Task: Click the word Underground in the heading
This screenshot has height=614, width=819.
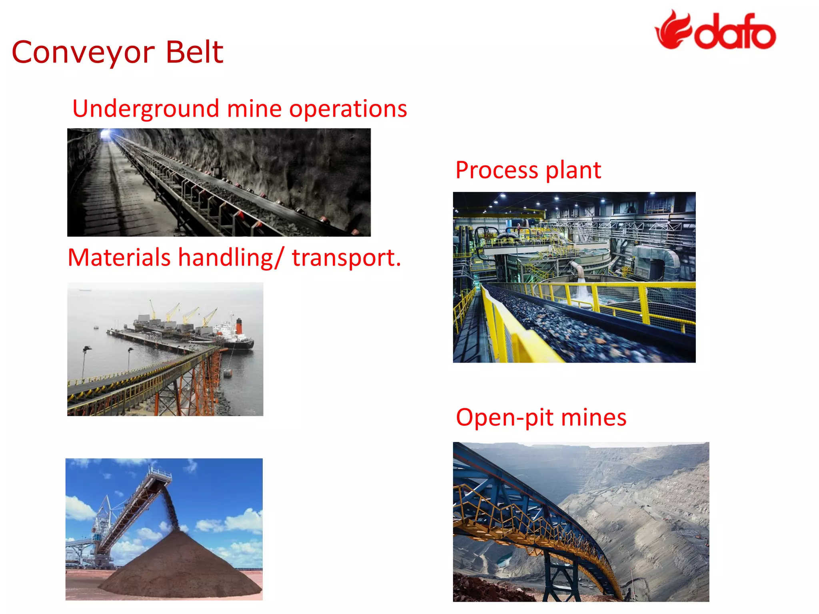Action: click(x=146, y=109)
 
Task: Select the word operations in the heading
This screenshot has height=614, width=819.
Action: click(x=348, y=109)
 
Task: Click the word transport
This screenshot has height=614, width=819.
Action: click(x=346, y=258)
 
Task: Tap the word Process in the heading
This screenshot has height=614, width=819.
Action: click(x=497, y=170)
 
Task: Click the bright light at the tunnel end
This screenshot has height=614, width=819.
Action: click(x=106, y=134)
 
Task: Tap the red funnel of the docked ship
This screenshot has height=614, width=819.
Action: click(x=239, y=326)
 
